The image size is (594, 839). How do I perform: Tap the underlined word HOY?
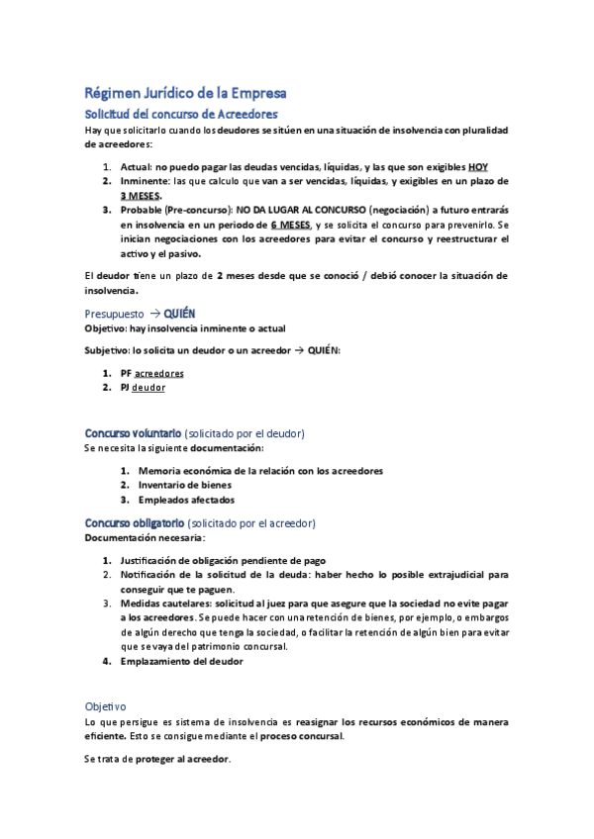[477, 166]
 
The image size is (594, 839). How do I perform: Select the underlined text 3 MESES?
[141, 196]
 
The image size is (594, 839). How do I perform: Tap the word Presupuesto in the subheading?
[115, 314]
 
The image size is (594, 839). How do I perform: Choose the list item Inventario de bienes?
[185, 485]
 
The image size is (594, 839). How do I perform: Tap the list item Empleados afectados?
[186, 500]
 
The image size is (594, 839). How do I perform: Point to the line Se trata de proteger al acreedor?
[158, 759]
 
